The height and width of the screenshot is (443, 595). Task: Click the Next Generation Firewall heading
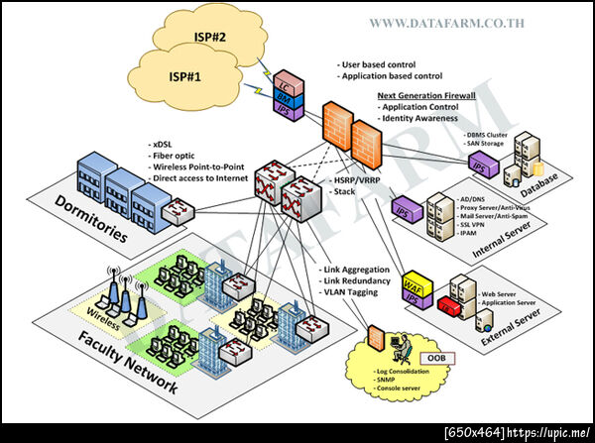point(426,96)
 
